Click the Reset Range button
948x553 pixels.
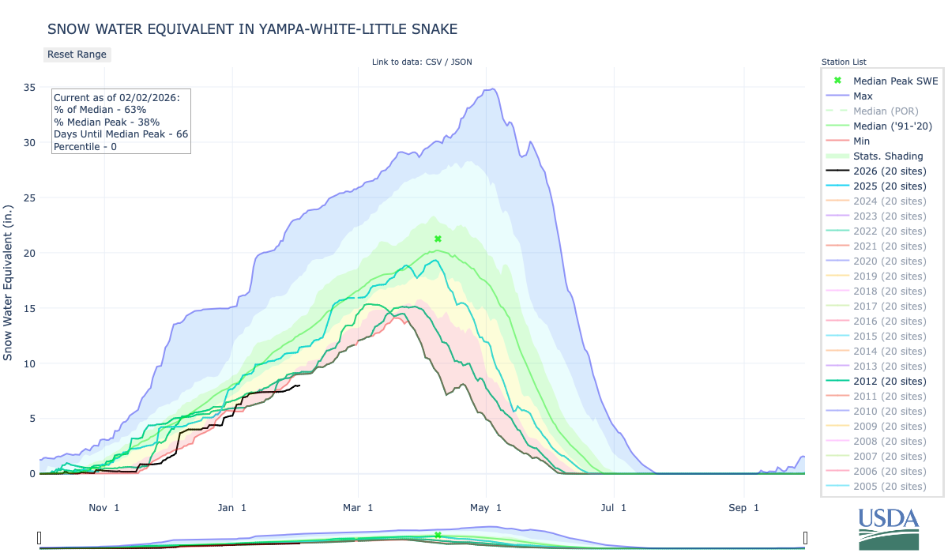point(77,55)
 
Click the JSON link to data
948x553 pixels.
point(461,62)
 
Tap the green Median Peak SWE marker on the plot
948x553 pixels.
point(438,239)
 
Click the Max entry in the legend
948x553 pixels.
point(863,96)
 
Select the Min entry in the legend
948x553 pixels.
point(862,141)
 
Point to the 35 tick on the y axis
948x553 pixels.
point(28,88)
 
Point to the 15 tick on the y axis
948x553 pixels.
point(28,308)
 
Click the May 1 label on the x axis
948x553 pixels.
point(487,508)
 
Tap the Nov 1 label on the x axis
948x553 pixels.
point(105,508)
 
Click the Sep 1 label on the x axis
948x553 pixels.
point(743,508)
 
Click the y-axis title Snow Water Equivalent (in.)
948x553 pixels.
point(9,269)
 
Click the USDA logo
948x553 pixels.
point(889,528)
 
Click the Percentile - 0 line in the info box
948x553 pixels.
point(85,146)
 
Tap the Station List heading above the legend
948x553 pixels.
point(843,62)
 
